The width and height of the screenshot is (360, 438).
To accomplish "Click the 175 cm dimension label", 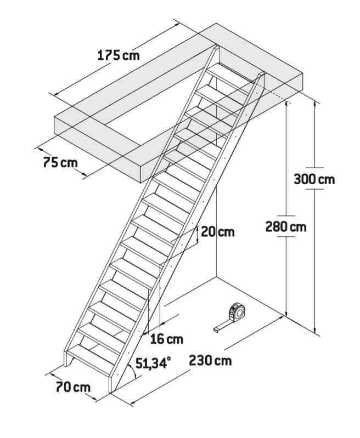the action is point(119,55).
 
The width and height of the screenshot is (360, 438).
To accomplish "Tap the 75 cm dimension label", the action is point(60,162).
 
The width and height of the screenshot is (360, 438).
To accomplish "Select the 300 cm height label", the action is point(314,179).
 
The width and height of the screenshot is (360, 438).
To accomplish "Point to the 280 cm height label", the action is point(286,226).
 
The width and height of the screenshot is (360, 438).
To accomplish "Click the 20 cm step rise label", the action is point(218,232).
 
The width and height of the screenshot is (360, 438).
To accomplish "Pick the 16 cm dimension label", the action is point(167,339).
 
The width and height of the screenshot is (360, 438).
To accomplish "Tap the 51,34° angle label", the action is point(153,363).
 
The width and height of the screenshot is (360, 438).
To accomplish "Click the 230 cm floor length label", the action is point(210,361).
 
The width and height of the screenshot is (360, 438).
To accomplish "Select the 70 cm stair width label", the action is point(74,387).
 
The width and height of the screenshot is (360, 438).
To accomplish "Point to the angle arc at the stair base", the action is point(133,371).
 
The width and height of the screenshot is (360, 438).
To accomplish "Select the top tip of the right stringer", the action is point(262,73).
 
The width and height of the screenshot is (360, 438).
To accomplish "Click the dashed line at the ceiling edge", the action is point(275,96).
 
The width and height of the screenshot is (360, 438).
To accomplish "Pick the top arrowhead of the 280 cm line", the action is point(286,104).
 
